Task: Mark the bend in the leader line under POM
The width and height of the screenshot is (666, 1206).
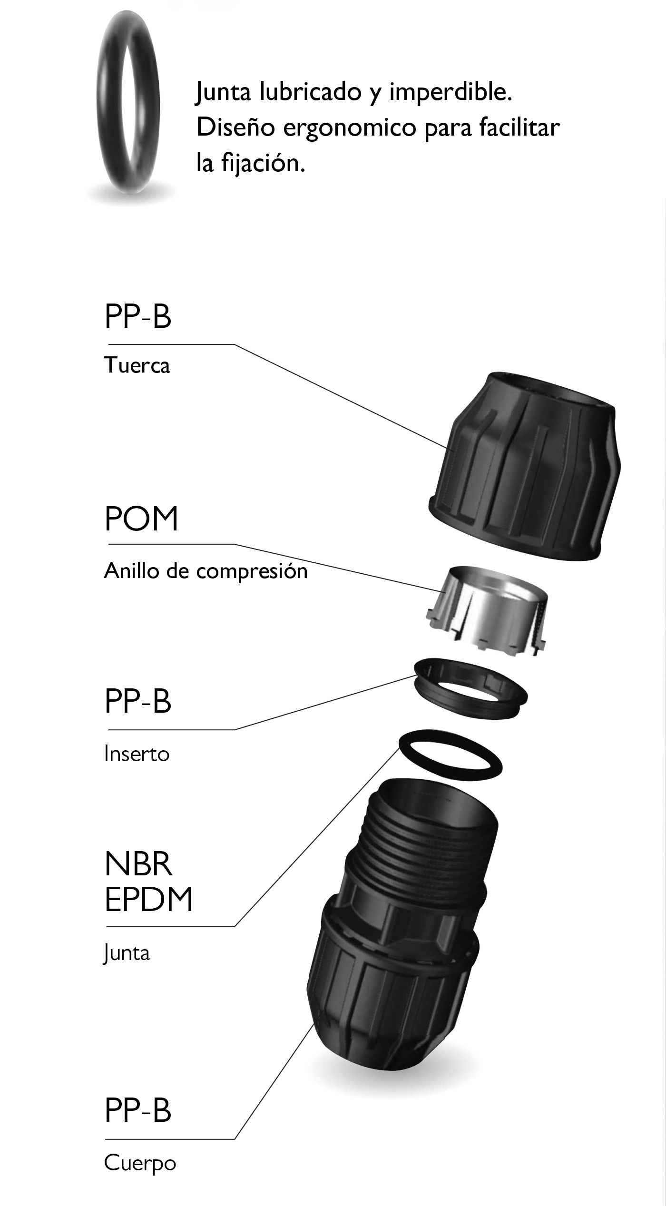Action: [234, 544]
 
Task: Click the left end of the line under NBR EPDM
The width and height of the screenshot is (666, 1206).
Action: [107, 926]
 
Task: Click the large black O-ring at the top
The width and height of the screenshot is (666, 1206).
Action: [128, 102]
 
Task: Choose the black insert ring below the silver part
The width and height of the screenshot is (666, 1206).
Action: [470, 688]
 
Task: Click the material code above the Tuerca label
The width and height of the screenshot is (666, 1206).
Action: [137, 316]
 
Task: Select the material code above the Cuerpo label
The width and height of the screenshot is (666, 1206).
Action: [137, 1110]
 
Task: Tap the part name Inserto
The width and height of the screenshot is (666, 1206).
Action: [137, 754]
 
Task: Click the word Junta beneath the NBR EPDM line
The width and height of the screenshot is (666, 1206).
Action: [127, 953]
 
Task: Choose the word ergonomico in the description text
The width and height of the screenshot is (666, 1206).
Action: [350, 128]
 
